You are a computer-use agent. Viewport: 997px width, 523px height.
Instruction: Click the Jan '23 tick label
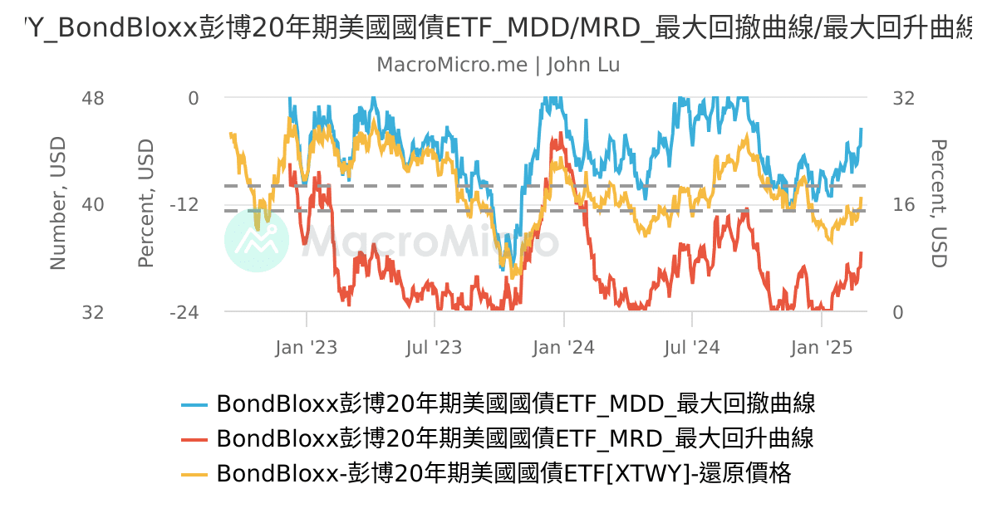(307, 347)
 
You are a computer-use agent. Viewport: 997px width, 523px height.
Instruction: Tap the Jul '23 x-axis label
(435, 347)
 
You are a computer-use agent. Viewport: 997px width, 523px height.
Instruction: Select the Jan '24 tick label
(564, 347)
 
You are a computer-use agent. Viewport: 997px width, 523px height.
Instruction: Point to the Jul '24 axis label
(692, 347)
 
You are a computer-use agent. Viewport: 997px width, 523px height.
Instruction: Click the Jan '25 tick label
(822, 347)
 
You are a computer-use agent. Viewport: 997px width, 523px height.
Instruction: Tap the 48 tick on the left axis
(93, 98)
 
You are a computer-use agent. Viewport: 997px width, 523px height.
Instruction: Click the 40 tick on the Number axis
(93, 205)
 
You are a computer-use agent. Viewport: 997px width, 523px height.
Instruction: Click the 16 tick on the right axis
(903, 205)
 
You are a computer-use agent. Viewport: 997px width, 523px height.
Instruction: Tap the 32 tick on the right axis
(903, 98)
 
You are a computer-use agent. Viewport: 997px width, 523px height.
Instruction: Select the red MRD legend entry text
(515, 438)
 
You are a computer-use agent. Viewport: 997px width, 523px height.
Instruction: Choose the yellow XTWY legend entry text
(503, 473)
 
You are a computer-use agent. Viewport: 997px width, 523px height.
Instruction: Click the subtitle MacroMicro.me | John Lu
(498, 65)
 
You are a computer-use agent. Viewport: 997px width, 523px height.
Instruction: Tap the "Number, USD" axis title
(57, 203)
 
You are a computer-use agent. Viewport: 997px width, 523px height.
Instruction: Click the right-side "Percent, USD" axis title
(939, 203)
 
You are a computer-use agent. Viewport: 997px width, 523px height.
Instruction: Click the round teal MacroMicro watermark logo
(257, 240)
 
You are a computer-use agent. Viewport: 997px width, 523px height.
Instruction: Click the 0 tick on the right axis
(897, 313)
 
